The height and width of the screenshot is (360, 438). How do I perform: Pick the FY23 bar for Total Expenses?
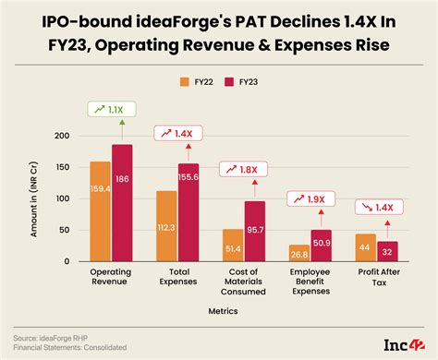point(189,212)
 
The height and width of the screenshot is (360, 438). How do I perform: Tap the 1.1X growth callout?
point(111,110)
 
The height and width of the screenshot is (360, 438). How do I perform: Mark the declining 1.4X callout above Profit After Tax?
point(380,210)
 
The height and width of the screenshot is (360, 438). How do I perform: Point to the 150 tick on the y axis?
point(63,167)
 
